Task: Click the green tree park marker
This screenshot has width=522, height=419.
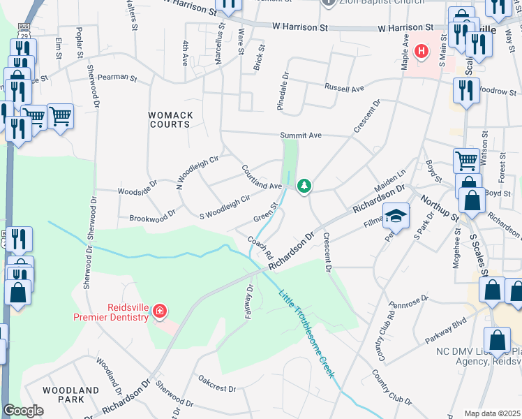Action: (304, 186)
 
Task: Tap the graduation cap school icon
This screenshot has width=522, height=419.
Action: (396, 216)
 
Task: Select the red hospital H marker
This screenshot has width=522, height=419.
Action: (421, 51)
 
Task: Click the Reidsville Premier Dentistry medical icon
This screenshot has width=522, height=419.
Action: (159, 309)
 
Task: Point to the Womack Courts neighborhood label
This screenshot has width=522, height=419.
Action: (169, 119)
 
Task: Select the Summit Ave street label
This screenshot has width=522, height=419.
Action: (300, 135)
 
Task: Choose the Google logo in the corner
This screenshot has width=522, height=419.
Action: (23, 411)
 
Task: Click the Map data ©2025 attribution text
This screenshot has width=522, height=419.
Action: (492, 413)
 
